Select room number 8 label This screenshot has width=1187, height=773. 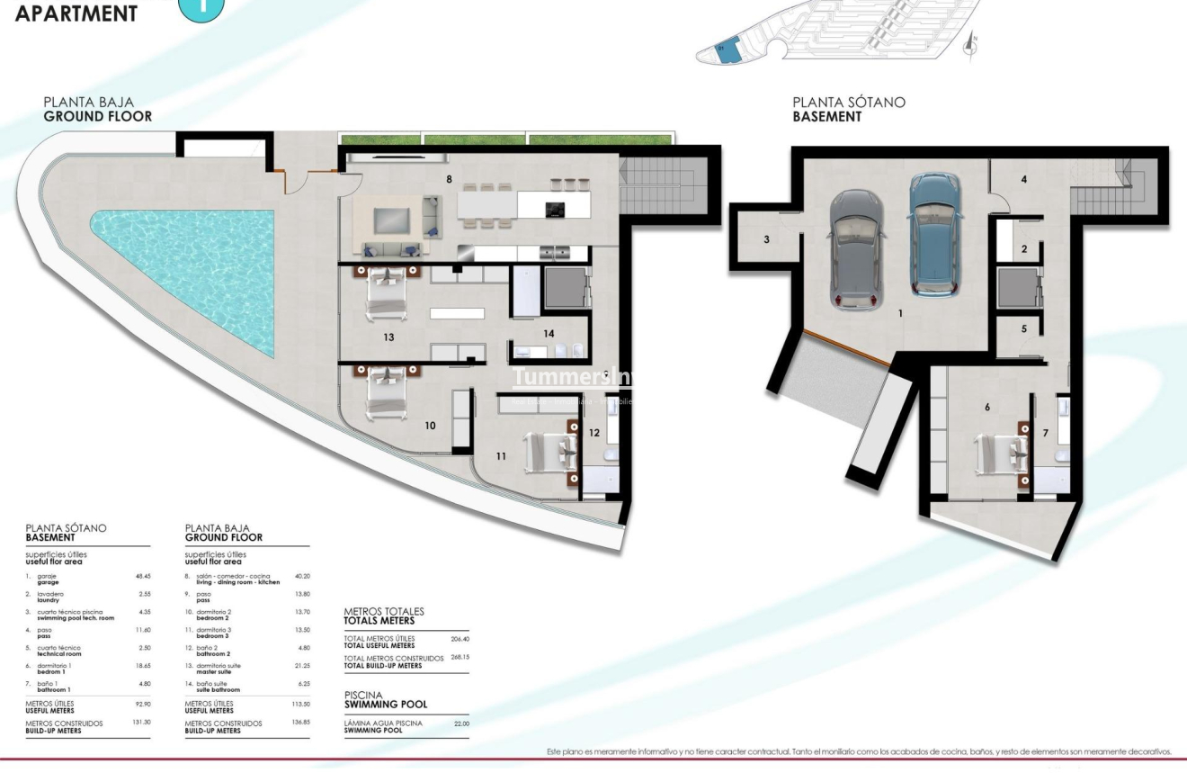tap(449, 179)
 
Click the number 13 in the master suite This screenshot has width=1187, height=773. tap(388, 337)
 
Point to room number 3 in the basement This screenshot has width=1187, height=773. tap(766, 239)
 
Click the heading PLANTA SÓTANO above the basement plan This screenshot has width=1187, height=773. tap(848, 103)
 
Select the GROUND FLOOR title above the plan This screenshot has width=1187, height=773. tap(98, 116)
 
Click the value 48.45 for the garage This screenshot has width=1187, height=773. tap(142, 576)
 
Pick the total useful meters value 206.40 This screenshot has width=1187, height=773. tap(460, 638)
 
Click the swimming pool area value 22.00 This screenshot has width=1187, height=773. tap(460, 724)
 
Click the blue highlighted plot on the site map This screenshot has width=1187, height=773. tap(729, 50)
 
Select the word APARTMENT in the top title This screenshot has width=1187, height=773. tap(77, 13)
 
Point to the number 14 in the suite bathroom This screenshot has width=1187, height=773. tap(549, 333)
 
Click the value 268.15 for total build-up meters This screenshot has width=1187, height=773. tap(460, 658)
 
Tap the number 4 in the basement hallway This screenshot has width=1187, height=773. tap(1023, 179)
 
